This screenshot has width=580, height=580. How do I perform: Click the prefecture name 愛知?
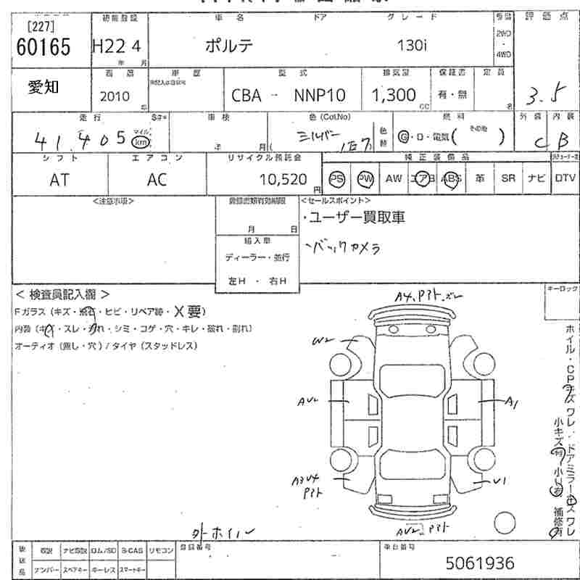[44, 87]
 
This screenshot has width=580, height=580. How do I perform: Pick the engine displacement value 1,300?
[394, 95]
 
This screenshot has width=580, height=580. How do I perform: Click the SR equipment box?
[508, 178]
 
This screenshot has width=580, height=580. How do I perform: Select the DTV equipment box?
[565, 178]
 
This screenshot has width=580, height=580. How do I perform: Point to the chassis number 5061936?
[480, 563]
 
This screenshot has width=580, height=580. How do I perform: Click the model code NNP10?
[320, 96]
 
